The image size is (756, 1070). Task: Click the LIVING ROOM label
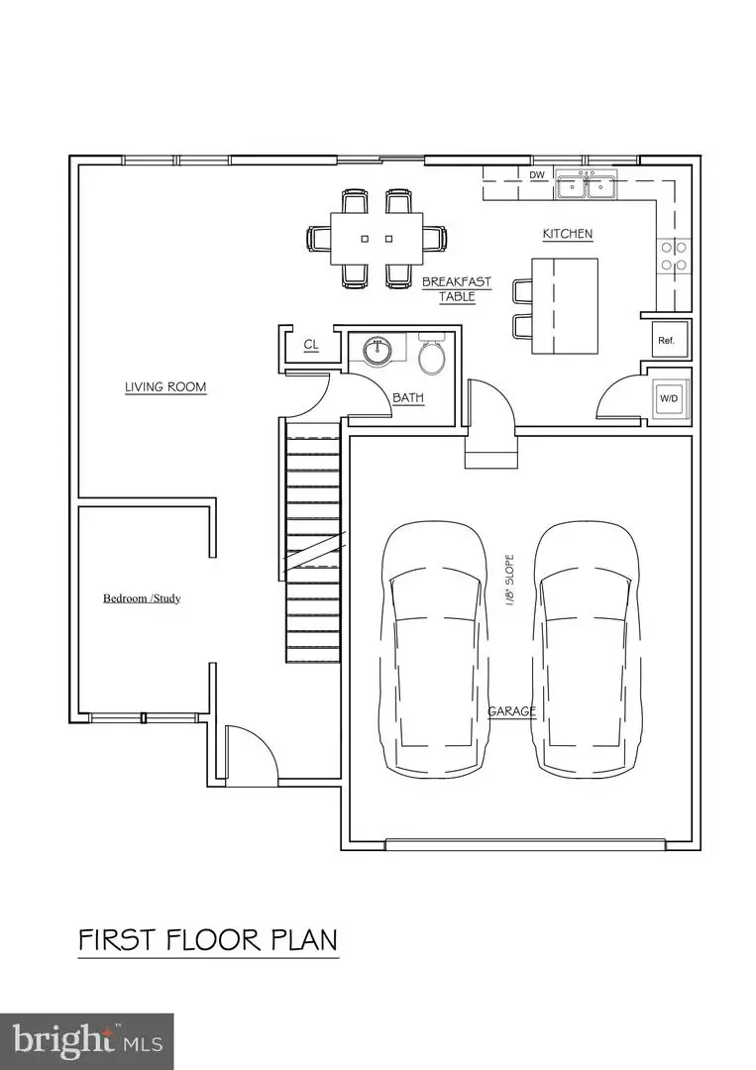pyautogui.click(x=165, y=386)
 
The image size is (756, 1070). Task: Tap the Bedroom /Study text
pyautogui.click(x=142, y=598)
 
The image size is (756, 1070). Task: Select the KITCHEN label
pyautogui.click(x=567, y=234)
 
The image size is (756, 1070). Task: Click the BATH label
pyautogui.click(x=408, y=397)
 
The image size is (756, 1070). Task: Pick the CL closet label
pyautogui.click(x=311, y=345)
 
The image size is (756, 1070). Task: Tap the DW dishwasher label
pyautogui.click(x=537, y=176)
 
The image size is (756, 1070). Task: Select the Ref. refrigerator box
pyautogui.click(x=666, y=340)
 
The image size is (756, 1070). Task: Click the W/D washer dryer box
pyautogui.click(x=668, y=398)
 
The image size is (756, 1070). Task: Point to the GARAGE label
pyautogui.click(x=511, y=711)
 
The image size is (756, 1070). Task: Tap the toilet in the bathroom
pyautogui.click(x=432, y=356)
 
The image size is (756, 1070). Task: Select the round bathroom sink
pyautogui.click(x=378, y=351)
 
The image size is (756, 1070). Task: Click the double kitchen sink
pyautogui.click(x=586, y=185)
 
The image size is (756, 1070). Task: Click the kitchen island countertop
pyautogui.click(x=564, y=306)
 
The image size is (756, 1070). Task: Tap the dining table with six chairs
pyautogui.click(x=377, y=239)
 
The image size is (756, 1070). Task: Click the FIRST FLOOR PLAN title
pyautogui.click(x=208, y=938)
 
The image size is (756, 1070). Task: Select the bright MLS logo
pyautogui.click(x=87, y=1040)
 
